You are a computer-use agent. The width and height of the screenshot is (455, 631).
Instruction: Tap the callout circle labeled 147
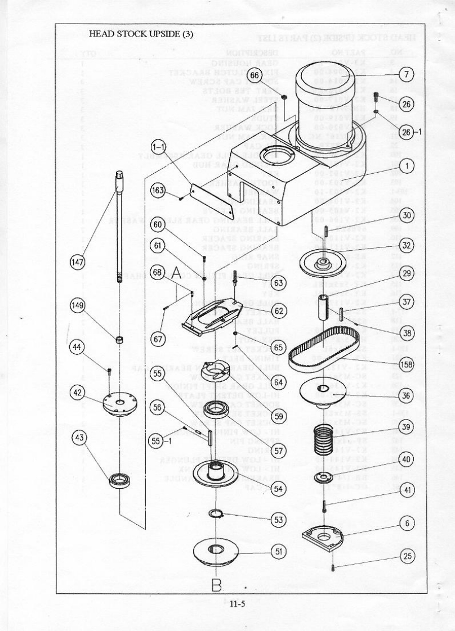pyautogui.click(x=78, y=262)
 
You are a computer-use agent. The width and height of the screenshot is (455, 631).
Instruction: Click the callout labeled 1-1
pyautogui.click(x=157, y=146)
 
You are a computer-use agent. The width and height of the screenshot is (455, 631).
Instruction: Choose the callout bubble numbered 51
pyautogui.click(x=278, y=552)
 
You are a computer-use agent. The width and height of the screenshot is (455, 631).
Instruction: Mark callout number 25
pyautogui.click(x=407, y=556)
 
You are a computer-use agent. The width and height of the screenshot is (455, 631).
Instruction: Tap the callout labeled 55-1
pyautogui.click(x=158, y=441)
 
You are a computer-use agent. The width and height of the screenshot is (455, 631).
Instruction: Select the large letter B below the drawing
pyautogui.click(x=217, y=585)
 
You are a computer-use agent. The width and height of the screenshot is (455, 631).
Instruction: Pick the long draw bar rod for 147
pyautogui.click(x=119, y=225)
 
